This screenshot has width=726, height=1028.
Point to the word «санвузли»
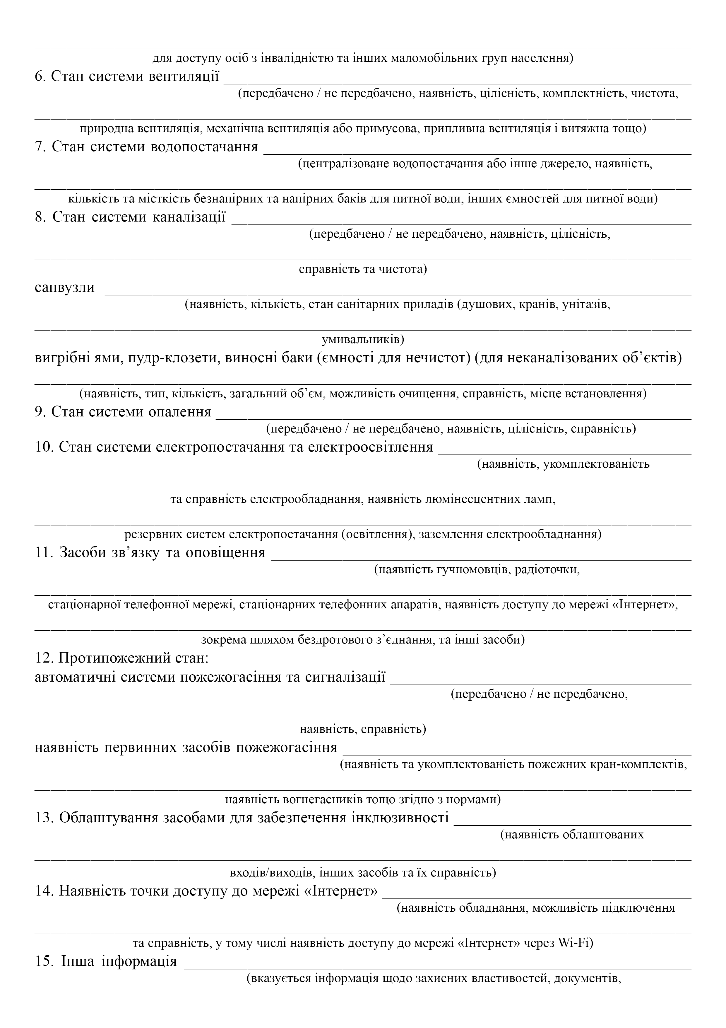coord(65,287)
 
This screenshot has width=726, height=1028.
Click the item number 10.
coord(44,447)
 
